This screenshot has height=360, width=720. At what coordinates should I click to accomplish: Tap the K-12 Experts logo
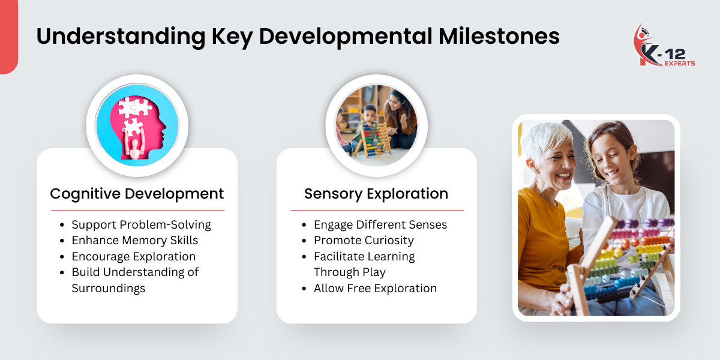click(x=664, y=46)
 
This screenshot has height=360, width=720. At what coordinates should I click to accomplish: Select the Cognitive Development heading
click(x=137, y=194)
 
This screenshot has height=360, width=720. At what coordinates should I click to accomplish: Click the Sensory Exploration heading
click(x=376, y=194)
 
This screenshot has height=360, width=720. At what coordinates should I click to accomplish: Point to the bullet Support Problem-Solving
click(x=141, y=225)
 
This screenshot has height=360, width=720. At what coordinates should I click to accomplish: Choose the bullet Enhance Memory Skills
click(x=134, y=241)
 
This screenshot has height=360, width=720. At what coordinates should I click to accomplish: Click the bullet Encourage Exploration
click(x=133, y=256)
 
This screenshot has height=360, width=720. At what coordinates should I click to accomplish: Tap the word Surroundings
click(x=108, y=288)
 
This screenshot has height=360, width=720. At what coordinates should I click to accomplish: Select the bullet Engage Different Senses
click(x=380, y=225)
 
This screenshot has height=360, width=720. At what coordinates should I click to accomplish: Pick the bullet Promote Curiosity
click(x=364, y=241)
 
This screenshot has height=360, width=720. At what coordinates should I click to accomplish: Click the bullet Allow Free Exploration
click(x=375, y=288)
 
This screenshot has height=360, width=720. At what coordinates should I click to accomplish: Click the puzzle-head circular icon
click(x=137, y=125)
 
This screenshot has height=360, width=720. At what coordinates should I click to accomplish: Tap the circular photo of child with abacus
click(x=376, y=125)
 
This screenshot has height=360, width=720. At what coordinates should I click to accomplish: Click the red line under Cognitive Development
click(x=137, y=211)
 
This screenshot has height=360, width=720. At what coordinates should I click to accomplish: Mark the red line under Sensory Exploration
click(x=377, y=211)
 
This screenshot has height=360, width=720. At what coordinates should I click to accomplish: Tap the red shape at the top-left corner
click(x=8, y=36)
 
